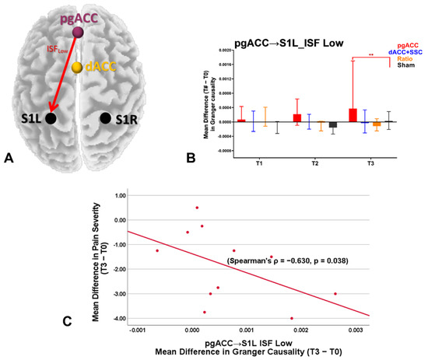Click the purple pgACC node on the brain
(77, 32)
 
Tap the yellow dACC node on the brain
(77, 68)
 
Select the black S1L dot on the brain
(51, 118)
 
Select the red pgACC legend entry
(408, 45)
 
